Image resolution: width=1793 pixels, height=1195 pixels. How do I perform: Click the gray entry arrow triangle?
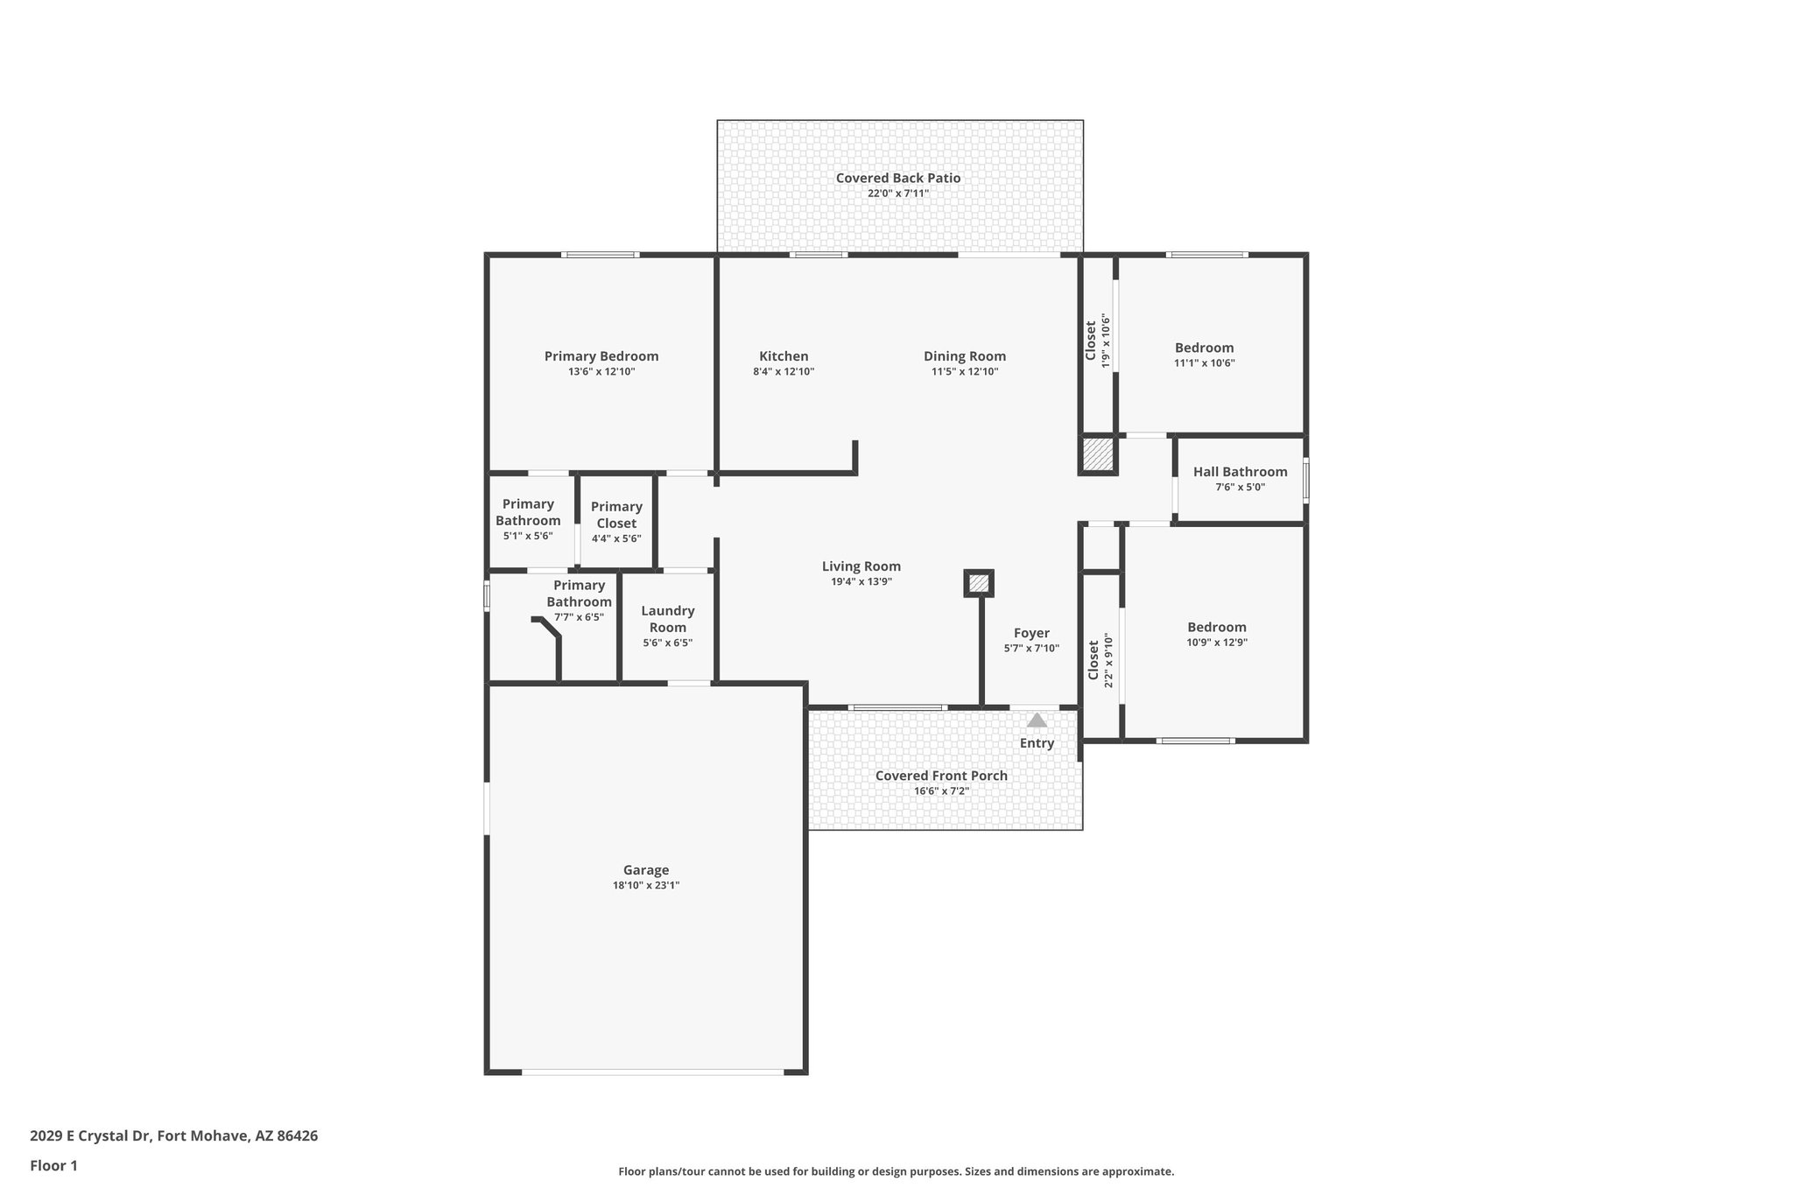(1037, 721)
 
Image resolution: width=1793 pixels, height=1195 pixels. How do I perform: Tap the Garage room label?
(646, 869)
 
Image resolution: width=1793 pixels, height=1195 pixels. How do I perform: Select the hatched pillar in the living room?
(979, 583)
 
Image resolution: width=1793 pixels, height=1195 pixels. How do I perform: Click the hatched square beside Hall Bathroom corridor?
(1097, 454)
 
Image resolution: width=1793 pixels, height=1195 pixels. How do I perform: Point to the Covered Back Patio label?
(897, 178)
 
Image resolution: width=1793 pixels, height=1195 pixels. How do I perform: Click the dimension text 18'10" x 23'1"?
(646, 885)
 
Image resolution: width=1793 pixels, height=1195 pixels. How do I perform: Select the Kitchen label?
(784, 356)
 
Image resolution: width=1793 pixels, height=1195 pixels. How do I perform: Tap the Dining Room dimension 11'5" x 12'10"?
(965, 371)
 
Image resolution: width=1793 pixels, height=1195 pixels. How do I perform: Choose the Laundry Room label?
(668, 619)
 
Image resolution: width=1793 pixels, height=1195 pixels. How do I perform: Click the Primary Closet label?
(616, 515)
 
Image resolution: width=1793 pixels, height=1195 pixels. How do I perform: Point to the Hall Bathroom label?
(1240, 472)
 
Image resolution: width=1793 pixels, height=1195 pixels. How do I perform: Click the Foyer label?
(1031, 633)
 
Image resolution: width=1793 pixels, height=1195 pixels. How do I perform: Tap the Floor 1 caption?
(53, 1165)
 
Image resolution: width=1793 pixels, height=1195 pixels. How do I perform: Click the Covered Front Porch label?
(941, 776)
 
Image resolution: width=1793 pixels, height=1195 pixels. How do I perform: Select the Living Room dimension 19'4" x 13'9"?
(861, 581)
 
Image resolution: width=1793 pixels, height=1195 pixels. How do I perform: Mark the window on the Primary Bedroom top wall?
(600, 255)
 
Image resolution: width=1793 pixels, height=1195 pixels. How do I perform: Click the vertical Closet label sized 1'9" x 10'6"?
(1091, 341)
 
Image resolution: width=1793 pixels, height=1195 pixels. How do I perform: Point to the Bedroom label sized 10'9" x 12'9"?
(1216, 627)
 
